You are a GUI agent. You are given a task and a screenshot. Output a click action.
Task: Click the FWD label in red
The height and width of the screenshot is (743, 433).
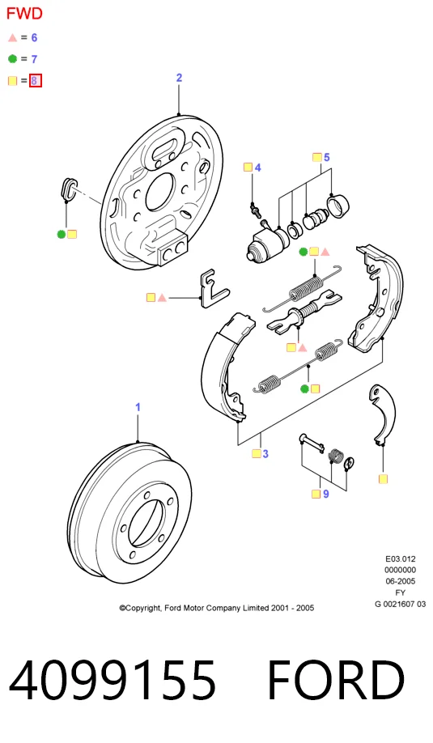(x=24, y=13)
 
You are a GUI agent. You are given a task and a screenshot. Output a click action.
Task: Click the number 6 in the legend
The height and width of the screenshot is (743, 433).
(x=34, y=37)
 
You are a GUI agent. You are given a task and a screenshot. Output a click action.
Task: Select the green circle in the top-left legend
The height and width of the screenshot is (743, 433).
(x=12, y=59)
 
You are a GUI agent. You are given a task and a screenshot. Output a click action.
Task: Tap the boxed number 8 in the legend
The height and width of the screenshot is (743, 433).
(x=35, y=81)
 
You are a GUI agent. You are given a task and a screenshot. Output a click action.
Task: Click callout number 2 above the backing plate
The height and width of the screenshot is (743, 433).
(x=179, y=78)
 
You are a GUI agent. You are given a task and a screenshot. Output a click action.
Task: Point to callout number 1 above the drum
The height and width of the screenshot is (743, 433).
(x=138, y=407)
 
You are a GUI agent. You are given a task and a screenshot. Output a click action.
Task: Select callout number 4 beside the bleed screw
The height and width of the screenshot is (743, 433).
(x=257, y=168)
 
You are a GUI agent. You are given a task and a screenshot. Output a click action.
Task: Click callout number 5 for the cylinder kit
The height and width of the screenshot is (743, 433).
(x=326, y=157)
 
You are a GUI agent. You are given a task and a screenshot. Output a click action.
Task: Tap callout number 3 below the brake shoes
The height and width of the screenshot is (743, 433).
(x=265, y=454)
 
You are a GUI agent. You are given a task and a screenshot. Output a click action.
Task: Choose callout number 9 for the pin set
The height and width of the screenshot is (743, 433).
(x=326, y=494)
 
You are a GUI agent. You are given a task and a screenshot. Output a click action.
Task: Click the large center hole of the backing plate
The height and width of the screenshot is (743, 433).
(x=160, y=192)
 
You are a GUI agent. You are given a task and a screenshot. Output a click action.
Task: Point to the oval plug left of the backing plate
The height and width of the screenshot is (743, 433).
(x=69, y=189)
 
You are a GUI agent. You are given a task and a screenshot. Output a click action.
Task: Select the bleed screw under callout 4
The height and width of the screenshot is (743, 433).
(x=255, y=209)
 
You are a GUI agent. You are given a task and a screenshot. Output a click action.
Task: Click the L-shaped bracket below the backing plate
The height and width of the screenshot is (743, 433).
(x=214, y=289)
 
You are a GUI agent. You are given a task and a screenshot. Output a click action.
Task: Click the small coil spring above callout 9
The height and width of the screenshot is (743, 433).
(x=336, y=456)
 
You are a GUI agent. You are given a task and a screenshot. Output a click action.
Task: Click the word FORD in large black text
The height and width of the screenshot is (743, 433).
(x=336, y=681)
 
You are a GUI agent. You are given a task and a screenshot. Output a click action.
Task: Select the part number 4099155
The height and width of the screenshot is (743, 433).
(x=112, y=681)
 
